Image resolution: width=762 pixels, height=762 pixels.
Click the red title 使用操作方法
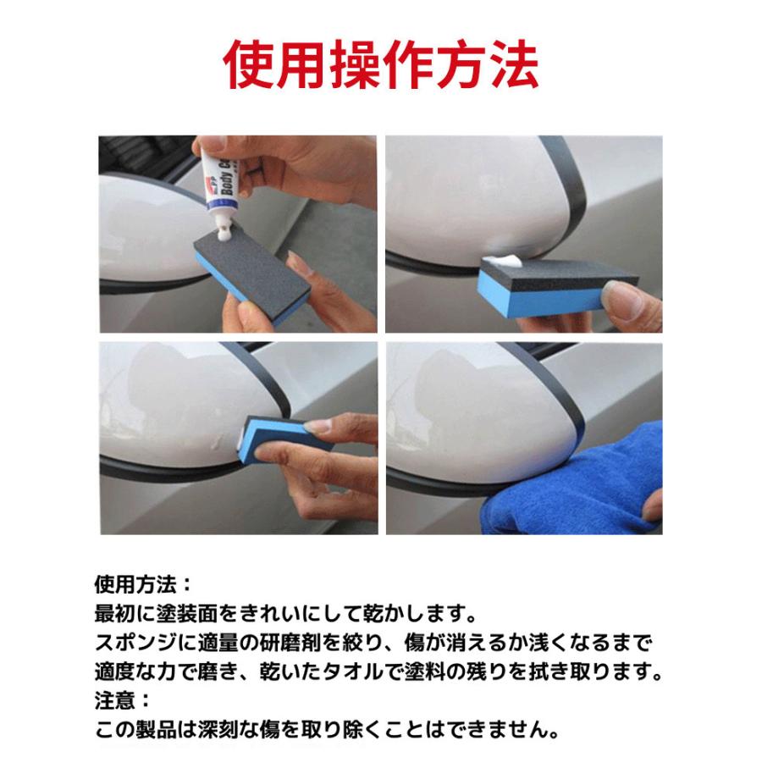[x=381, y=64]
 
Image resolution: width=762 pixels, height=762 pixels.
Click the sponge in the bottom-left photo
[x=271, y=436]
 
